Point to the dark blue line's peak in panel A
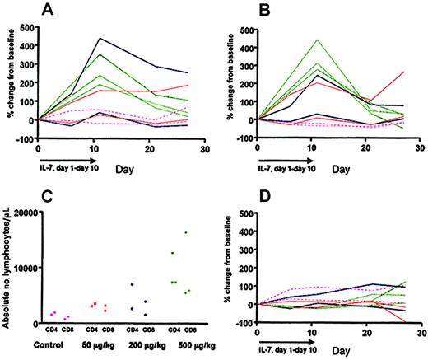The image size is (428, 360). (x=100, y=38)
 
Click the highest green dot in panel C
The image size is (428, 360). (x=187, y=233)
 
